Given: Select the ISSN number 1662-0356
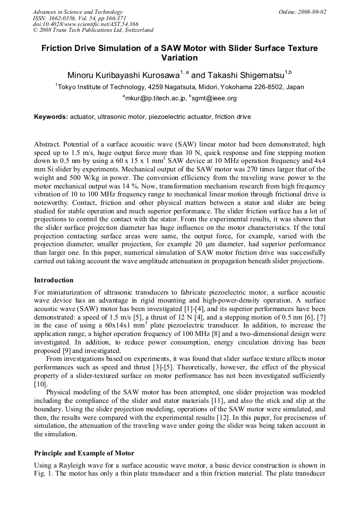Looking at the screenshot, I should [x=60, y=18].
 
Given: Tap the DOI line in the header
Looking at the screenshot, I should [x=85, y=24].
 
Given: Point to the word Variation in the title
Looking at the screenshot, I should [x=179, y=58].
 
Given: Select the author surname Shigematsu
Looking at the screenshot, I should [x=259, y=75].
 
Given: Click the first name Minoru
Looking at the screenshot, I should [x=82, y=75].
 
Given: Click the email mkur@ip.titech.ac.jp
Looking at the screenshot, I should [x=155, y=98].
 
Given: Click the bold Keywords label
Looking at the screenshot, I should [x=51, y=116].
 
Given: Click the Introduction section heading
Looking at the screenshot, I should [x=54, y=280].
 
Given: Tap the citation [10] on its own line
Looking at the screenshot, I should [x=40, y=384].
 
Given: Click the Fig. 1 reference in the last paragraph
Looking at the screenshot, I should [x=42, y=473].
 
